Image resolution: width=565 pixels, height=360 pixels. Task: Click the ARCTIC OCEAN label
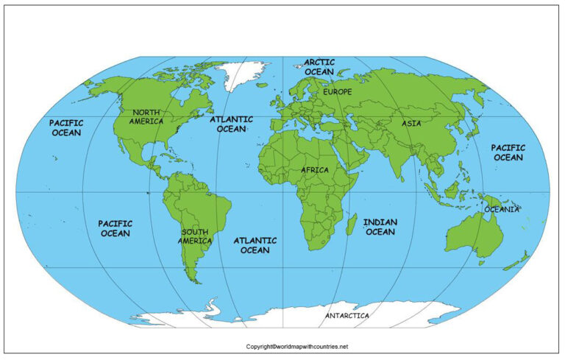click(x=319, y=67)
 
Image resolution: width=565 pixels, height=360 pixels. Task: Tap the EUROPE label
click(x=338, y=92)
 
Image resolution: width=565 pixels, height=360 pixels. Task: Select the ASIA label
click(x=411, y=123)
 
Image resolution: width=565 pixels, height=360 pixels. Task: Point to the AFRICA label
click(x=314, y=170)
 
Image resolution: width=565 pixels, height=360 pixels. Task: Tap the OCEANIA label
click(x=502, y=209)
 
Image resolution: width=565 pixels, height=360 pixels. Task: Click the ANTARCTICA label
click(x=347, y=315)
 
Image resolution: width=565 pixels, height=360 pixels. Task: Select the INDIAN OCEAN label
click(x=380, y=227)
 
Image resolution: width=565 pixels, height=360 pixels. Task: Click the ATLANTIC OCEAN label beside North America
click(x=231, y=124)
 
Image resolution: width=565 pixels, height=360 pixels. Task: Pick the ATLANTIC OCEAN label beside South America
click(x=255, y=245)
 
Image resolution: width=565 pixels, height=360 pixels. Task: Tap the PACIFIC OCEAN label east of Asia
click(x=508, y=152)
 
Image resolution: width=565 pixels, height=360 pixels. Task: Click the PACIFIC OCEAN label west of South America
click(x=115, y=228)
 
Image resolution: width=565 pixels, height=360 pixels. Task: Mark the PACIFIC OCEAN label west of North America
click(x=65, y=127)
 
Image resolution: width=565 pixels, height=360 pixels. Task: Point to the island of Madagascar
click(x=352, y=225)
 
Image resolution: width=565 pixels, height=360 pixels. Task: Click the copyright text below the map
click(x=296, y=346)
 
